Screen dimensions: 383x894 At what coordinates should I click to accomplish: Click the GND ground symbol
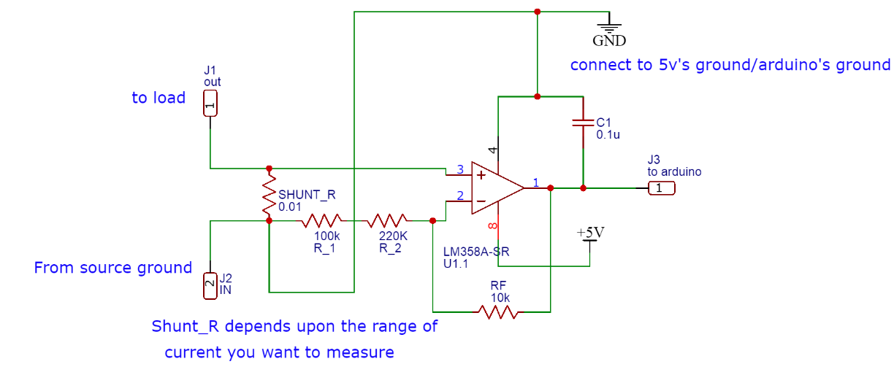[608, 28]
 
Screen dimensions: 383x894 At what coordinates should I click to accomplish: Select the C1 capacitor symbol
[583, 122]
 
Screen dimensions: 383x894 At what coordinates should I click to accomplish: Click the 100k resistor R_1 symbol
[322, 220]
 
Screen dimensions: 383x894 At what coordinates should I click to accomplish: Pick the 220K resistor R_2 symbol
[389, 220]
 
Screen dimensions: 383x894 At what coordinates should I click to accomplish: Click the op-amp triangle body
[494, 188]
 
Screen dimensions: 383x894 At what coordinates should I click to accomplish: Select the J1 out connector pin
[210, 104]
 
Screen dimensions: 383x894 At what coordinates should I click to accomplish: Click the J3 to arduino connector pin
[661, 188]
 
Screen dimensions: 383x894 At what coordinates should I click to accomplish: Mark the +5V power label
[590, 233]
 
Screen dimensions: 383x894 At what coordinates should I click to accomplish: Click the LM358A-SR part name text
[475, 252]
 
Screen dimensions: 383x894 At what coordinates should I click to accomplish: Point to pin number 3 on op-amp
[459, 170]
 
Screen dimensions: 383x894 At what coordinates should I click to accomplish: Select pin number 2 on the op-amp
[459, 196]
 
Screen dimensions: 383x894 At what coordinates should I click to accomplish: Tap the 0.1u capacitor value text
[608, 135]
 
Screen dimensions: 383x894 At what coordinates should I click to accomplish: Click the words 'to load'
[158, 98]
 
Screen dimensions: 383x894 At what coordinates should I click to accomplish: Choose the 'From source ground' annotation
[112, 268]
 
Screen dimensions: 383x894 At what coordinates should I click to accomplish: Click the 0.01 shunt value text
[290, 206]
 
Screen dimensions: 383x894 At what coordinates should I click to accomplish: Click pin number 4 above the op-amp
[494, 150]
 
